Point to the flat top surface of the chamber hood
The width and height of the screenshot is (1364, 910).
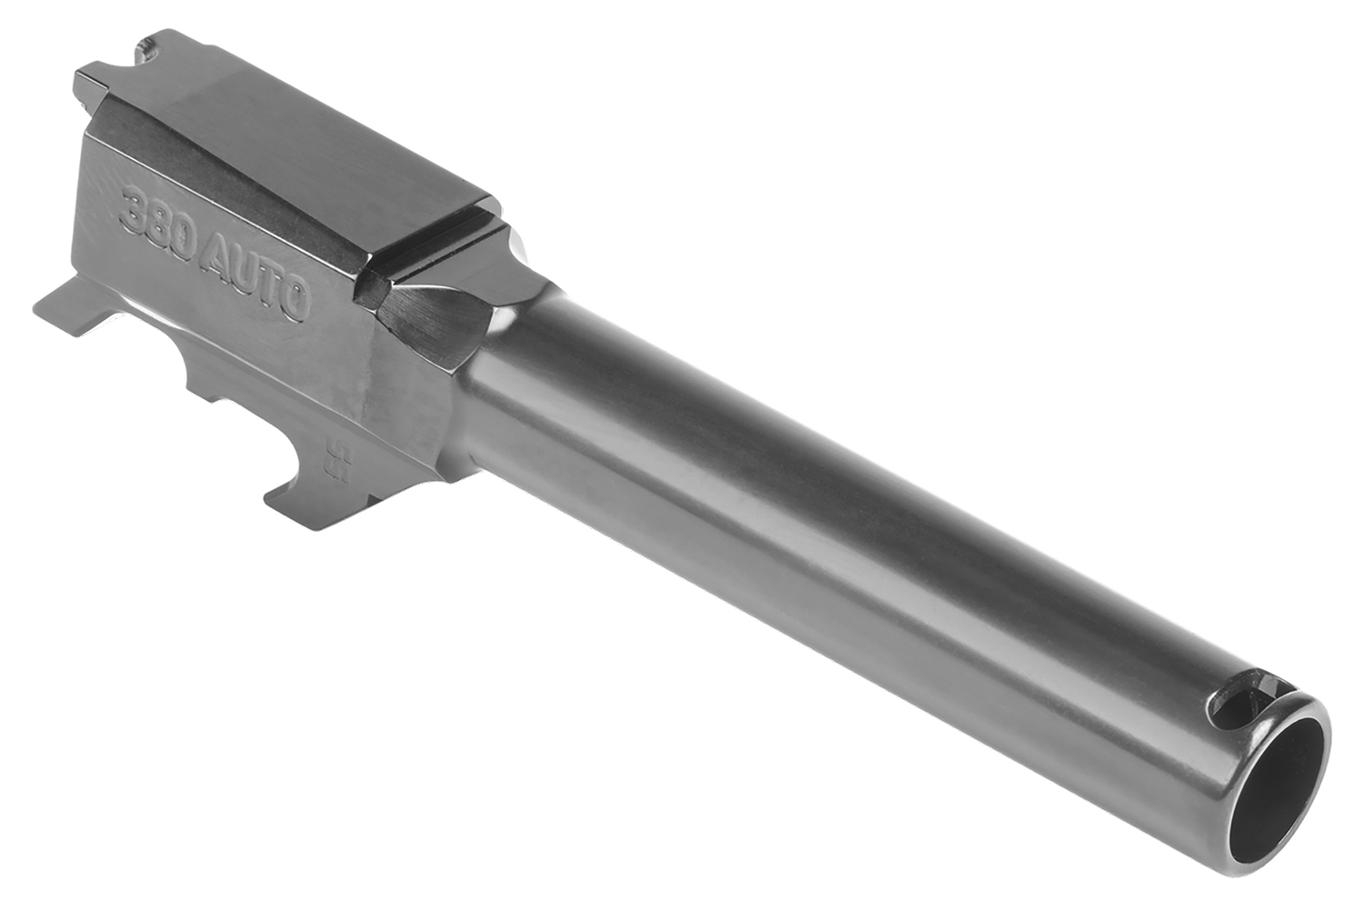pyautogui.click(x=300, y=145)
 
